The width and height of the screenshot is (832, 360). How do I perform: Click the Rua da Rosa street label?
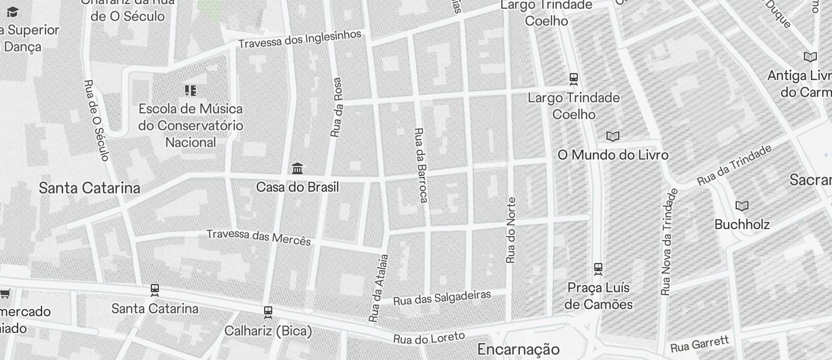coord(336,108)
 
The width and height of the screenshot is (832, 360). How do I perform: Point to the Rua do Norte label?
coord(511,230)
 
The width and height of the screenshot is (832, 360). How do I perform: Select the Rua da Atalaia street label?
coord(379,288)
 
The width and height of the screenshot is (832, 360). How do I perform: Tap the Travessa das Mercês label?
coord(259,237)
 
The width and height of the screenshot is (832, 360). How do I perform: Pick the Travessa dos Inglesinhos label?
coord(300,39)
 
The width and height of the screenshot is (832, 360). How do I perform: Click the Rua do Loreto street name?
coord(429,338)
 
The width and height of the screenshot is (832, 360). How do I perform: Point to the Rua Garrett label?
coord(700,344)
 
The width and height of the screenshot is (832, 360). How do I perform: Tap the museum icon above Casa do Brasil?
coord(297,169)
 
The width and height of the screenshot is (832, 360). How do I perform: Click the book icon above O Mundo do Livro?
coord(612,137)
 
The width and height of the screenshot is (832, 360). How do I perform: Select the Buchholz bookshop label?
coord(742,224)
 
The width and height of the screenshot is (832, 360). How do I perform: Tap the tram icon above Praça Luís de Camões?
coord(598,269)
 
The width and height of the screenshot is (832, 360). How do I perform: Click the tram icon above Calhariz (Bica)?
coord(268,312)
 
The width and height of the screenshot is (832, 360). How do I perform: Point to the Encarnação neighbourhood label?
coord(518,349)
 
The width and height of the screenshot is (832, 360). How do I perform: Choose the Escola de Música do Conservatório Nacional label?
coord(190,125)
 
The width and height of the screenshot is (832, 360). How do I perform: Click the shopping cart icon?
coord(5,293)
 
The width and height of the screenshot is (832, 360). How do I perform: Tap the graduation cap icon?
coord(12,12)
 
